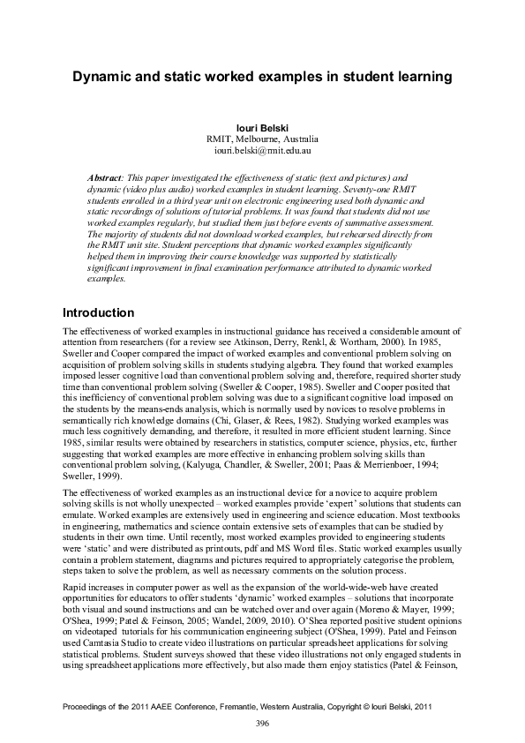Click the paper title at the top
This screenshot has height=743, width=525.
tap(262, 77)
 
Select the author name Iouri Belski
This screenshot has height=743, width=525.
tap(262, 128)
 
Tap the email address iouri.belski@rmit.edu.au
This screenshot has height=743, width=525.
tap(262, 151)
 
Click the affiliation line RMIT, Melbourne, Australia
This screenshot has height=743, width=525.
tap(262, 139)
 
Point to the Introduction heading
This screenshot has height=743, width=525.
tap(98, 313)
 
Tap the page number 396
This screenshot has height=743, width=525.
tap(262, 724)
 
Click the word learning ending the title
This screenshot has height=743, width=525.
tap(423, 77)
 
